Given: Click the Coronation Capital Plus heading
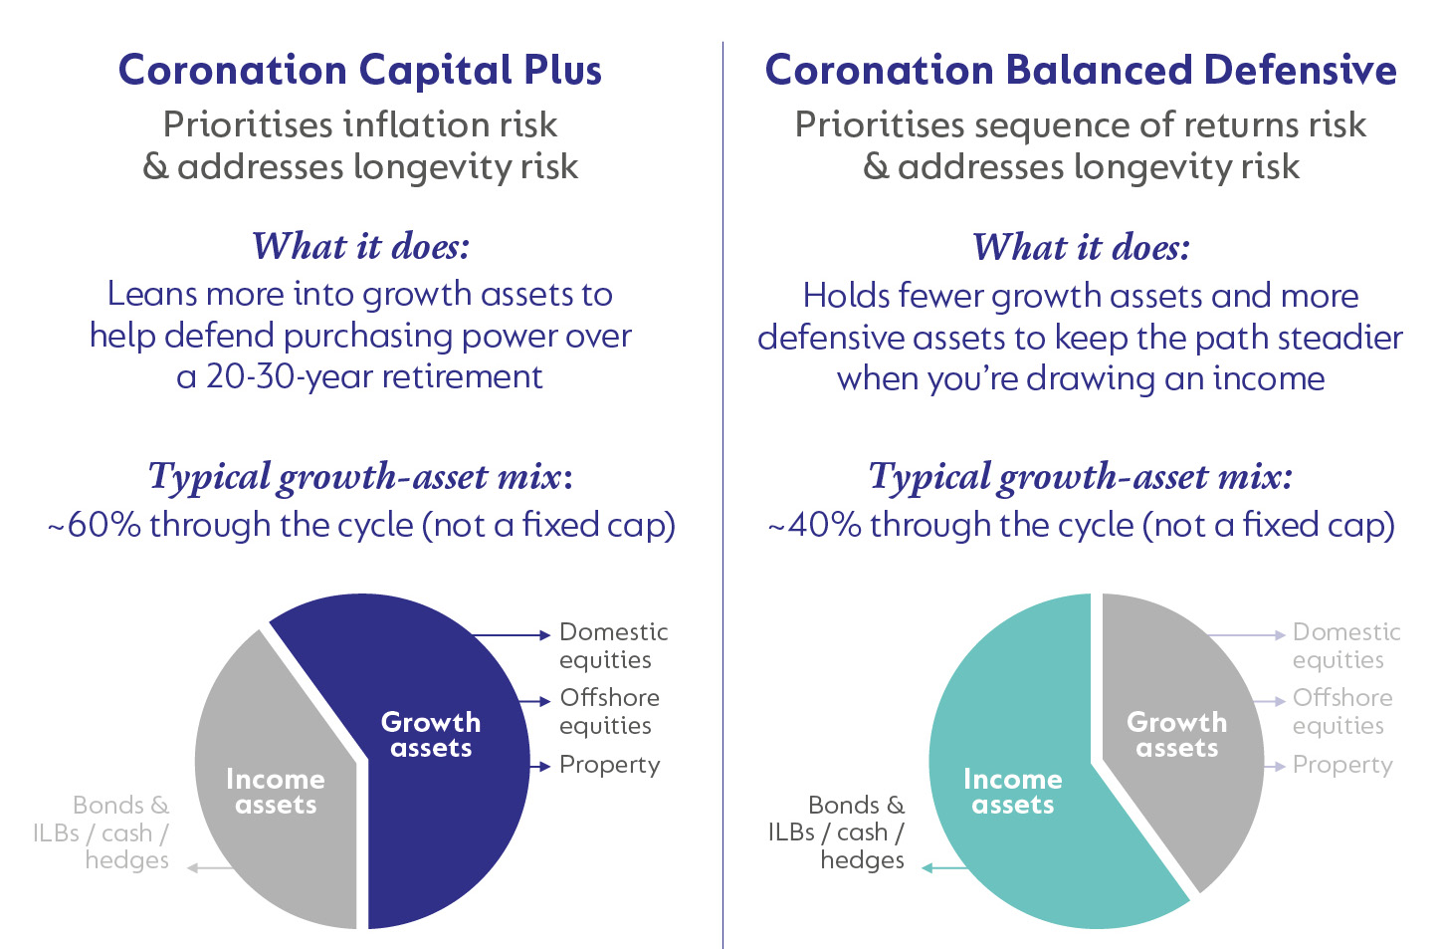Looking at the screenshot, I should pos(359,71).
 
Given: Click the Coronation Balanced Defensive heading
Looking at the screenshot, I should pos(1080,71).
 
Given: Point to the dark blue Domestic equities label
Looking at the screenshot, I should pos(613,645).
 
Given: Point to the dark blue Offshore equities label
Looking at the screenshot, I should pos(609,711).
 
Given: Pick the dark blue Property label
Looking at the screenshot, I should pos(609,765).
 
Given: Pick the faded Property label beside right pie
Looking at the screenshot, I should pos(1342,765).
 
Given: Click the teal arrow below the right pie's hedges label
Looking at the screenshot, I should pos(945,868).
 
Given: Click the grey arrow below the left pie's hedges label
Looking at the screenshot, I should pos(211,868).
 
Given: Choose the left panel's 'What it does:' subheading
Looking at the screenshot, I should pos(360,246).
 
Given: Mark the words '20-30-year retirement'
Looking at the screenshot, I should pos(374,377).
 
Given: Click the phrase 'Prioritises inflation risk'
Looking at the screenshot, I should pos(359,124).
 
